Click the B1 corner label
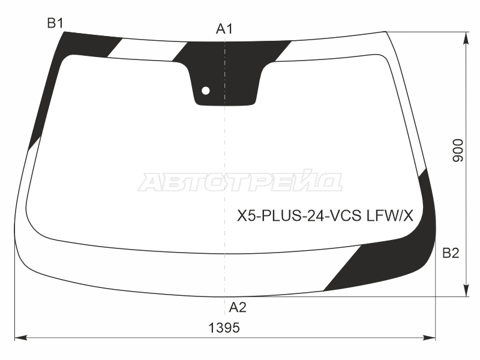(55, 23)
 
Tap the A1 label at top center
(224, 29)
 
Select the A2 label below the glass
(238, 307)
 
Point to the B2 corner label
(451, 253)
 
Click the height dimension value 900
(458, 151)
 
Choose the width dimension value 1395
(224, 328)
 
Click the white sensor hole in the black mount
(206, 91)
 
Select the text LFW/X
(390, 216)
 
